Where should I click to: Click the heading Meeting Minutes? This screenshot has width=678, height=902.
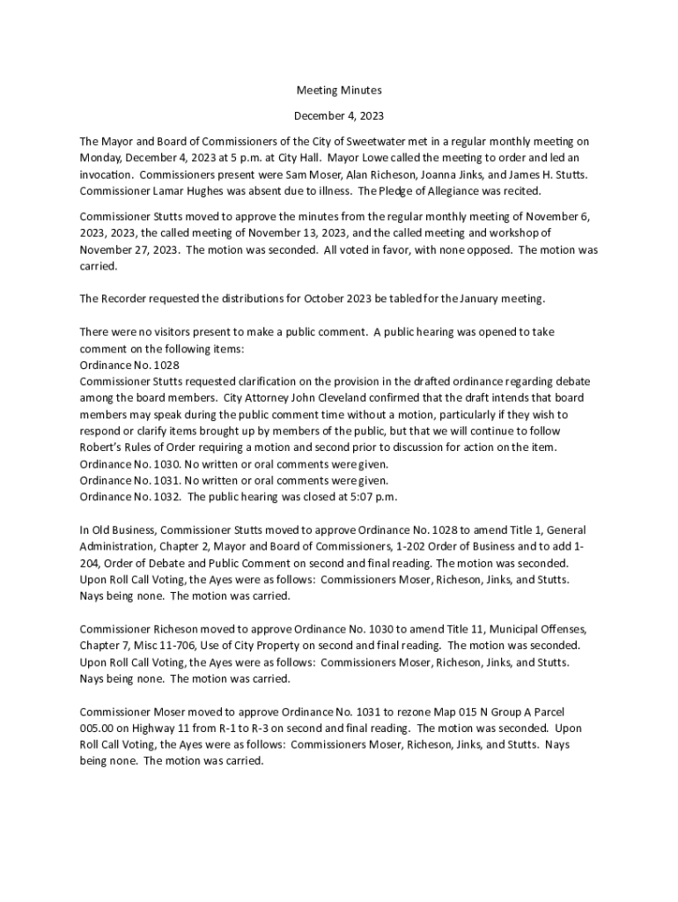point(338,91)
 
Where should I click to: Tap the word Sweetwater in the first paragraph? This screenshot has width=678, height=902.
point(391,141)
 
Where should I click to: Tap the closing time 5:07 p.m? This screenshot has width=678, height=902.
point(375,497)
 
